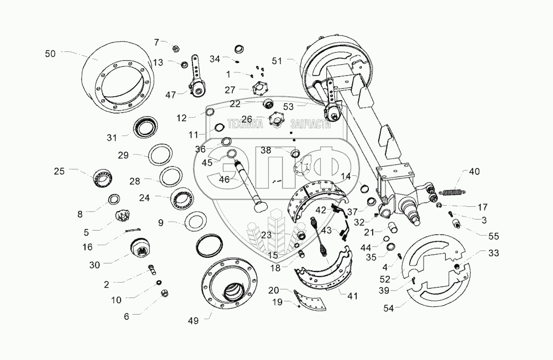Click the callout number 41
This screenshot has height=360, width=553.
coord(352,296)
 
